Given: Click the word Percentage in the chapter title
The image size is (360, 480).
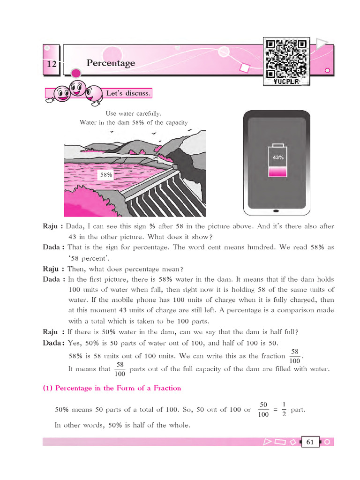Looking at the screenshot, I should pyautogui.click(x=111, y=63).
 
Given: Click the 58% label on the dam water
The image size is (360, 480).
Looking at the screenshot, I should pyautogui.click(x=106, y=174).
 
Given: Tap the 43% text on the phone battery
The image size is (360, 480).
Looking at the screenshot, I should pyautogui.click(x=278, y=157).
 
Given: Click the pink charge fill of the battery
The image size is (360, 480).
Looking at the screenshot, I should pyautogui.click(x=278, y=172).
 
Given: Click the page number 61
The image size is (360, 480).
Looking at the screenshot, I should pyautogui.click(x=310, y=442).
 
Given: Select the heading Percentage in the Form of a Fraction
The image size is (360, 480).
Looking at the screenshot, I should pyautogui.click(x=112, y=388).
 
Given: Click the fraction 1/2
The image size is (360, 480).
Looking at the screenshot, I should pyautogui.click(x=284, y=409).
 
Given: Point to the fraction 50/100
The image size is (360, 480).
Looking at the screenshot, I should pyautogui.click(x=263, y=409).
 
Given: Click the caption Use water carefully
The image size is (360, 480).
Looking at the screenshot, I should pyautogui.click(x=134, y=113).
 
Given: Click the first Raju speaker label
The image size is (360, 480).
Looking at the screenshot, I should pyautogui.click(x=52, y=226).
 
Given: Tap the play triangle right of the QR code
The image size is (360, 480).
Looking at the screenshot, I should pyautogui.click(x=322, y=45).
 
